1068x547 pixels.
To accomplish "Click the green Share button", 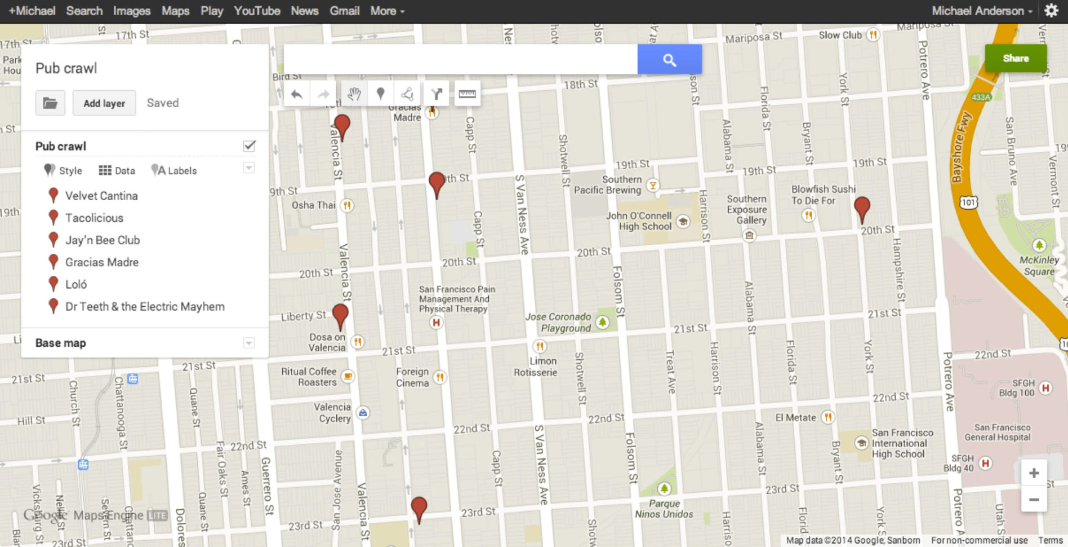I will click(1016, 58).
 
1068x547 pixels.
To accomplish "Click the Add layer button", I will click(104, 103).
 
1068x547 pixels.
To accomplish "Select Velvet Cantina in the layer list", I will click(101, 196).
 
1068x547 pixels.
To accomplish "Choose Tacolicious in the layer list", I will click(94, 218).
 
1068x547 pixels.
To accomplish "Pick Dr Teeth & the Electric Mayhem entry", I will click(145, 306).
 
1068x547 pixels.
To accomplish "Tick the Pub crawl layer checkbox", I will click(249, 146).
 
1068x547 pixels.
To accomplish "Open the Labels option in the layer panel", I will click(175, 170).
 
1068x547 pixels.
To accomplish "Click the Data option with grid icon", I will click(117, 170).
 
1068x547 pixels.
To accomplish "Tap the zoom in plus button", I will click(1034, 473).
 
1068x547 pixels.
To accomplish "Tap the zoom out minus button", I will click(1034, 499).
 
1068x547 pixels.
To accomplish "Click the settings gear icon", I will click(1051, 11).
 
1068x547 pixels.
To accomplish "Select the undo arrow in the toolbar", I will click(296, 94).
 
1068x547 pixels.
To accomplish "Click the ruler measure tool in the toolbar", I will click(467, 94).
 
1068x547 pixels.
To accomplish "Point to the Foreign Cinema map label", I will click(412, 377).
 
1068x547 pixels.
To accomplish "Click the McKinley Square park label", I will click(1039, 266).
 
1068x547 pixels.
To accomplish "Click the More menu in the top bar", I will click(387, 11).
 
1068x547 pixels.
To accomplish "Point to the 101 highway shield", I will click(968, 202).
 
